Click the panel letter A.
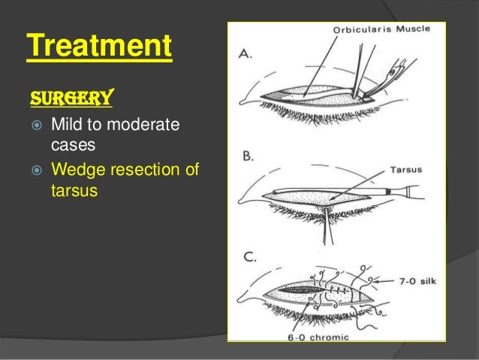(x=246, y=54)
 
